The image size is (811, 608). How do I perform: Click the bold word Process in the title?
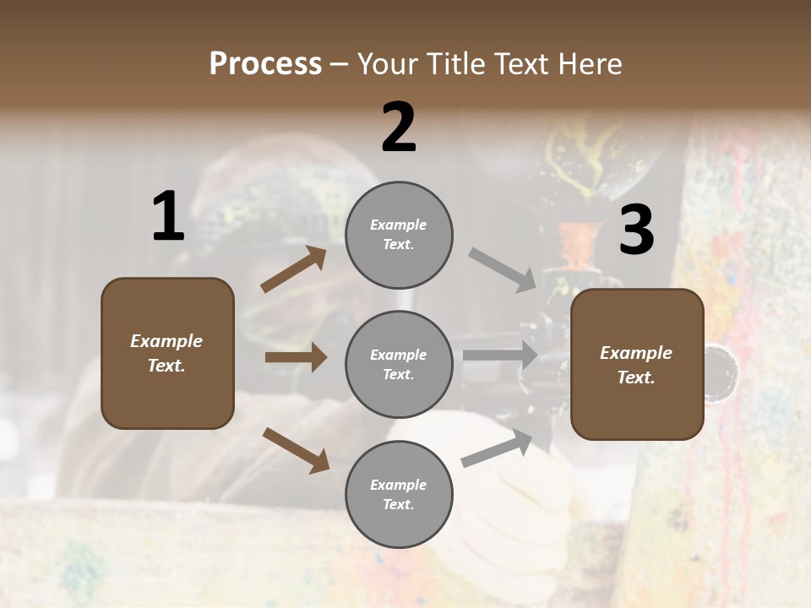click(265, 64)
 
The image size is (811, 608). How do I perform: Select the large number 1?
click(168, 217)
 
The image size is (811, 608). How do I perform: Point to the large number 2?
click(399, 128)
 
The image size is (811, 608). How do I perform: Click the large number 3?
click(636, 230)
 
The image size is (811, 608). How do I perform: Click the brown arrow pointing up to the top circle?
click(294, 269)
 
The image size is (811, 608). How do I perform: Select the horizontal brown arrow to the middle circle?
click(296, 357)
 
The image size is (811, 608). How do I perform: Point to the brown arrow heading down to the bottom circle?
click(296, 450)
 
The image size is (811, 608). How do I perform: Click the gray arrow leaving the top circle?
click(503, 269)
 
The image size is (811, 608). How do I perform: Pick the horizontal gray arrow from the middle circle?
click(500, 356)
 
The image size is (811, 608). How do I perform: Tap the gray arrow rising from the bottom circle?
click(497, 448)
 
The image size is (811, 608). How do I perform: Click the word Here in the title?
click(591, 64)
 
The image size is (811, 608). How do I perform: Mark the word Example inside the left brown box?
click(166, 341)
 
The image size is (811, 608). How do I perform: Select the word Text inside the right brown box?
click(636, 377)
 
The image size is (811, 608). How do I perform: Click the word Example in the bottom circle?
click(399, 485)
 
